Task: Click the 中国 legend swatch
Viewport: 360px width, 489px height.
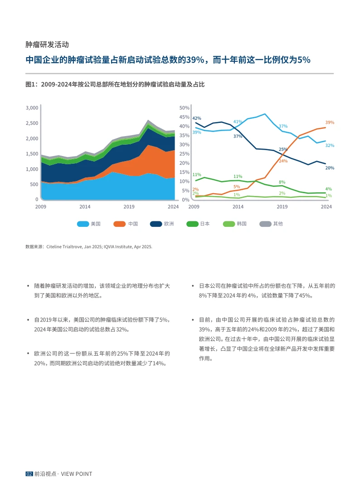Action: pos(120,224)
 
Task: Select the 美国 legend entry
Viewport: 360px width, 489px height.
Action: pos(95,224)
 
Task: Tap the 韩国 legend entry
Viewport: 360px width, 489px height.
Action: pos(242,224)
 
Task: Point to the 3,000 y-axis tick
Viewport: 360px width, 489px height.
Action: pos(32,108)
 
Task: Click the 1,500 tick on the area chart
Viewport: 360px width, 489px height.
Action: pos(32,154)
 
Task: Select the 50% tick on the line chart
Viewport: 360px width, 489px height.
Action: pos(184,108)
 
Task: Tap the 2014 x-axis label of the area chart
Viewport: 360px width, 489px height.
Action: pos(85,207)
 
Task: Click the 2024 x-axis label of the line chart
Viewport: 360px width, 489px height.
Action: pos(326,207)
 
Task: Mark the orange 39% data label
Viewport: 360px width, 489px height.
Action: pos(330,122)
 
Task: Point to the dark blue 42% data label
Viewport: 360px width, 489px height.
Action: pos(197,118)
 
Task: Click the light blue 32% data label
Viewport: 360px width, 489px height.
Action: pos(330,146)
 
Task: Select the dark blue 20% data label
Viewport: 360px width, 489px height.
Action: pos(330,168)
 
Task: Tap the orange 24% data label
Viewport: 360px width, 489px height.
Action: pos(283,161)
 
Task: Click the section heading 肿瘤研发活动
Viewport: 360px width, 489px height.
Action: pos(47,45)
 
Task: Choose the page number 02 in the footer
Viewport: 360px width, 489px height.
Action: pos(29,474)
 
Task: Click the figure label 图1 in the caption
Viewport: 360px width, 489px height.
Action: pos(31,84)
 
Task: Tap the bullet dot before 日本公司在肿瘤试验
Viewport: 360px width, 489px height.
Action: pos(194,286)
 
